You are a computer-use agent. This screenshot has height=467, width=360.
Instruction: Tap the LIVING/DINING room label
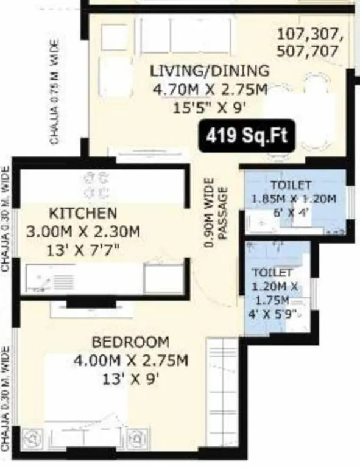[x=210, y=71]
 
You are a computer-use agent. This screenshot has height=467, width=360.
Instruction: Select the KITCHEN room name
[x=83, y=213]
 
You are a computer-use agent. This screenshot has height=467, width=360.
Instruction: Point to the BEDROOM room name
[x=130, y=342]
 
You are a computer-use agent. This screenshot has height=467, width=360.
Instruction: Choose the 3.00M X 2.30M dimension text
[x=83, y=231]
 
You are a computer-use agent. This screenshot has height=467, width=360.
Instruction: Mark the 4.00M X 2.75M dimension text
[x=130, y=360]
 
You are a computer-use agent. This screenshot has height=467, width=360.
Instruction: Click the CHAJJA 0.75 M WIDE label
[x=55, y=91]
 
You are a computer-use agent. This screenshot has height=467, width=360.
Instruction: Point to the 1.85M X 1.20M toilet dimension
[x=295, y=198]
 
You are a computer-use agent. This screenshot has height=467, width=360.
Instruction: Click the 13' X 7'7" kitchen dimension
[x=83, y=250]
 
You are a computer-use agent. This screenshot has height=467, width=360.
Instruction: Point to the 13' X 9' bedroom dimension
[x=130, y=378]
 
